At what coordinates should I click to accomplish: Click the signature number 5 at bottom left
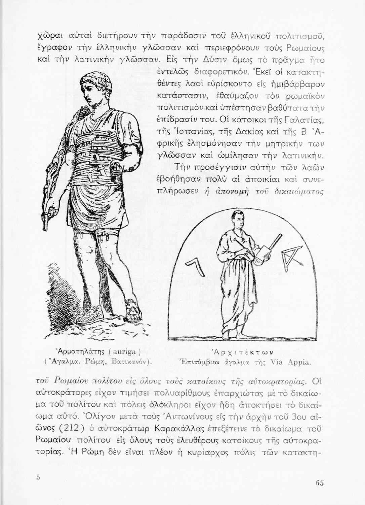38,477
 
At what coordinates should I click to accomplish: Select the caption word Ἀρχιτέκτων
242,352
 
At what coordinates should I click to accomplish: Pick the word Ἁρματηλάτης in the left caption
79,352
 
